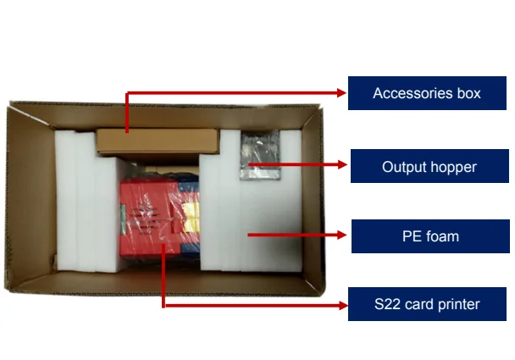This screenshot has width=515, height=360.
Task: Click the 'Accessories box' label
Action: tap(426, 93)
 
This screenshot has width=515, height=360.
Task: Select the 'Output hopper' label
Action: tap(429, 167)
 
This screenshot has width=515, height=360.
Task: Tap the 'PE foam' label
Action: tap(429, 235)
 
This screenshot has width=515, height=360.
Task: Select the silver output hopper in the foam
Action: tap(259, 158)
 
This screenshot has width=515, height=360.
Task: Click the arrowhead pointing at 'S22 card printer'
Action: tap(341, 303)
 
